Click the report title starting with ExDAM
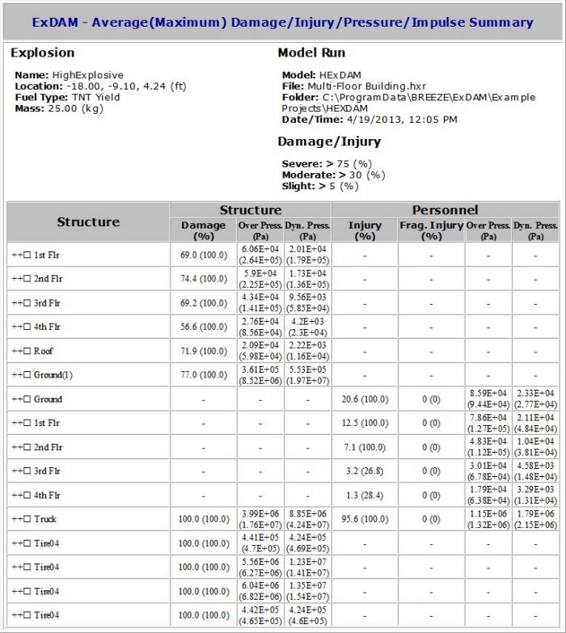coord(282,22)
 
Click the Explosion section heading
coord(42,53)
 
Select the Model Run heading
coord(311,53)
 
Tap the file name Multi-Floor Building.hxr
coord(366,86)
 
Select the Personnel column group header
coord(445,209)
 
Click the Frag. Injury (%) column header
coord(431,230)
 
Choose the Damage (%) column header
coord(203,230)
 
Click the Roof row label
coord(44,351)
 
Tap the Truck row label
coord(45,519)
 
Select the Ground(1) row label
coord(53,375)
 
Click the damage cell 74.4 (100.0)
coord(203,278)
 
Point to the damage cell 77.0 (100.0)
coord(203,375)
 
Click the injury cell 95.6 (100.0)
coord(365,519)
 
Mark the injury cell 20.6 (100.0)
coord(365,399)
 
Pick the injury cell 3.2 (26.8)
coord(365,471)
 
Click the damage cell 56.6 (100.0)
coord(203,327)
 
